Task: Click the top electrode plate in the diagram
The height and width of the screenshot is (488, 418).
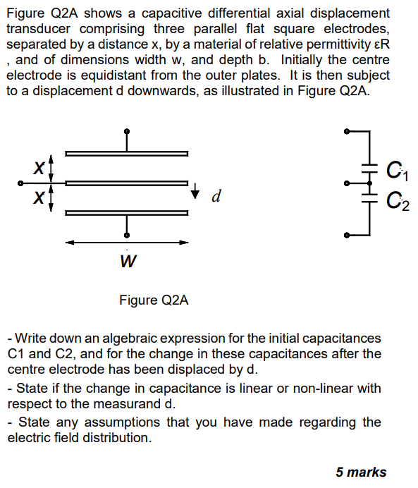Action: (x=127, y=153)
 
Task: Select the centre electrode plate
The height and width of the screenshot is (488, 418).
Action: (x=127, y=183)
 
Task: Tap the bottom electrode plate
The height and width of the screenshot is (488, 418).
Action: (x=127, y=212)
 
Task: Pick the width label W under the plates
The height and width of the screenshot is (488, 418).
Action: (x=128, y=262)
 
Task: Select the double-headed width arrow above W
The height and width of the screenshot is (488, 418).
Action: (x=127, y=243)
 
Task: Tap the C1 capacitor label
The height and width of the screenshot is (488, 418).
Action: (x=396, y=171)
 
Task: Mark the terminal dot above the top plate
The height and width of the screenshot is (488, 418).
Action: (x=127, y=131)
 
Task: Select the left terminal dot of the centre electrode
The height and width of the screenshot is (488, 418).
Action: (x=21, y=183)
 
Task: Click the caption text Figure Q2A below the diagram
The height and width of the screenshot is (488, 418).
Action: (x=154, y=300)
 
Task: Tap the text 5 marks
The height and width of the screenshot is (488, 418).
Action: (x=361, y=472)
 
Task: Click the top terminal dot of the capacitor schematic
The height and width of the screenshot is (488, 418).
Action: (x=346, y=132)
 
